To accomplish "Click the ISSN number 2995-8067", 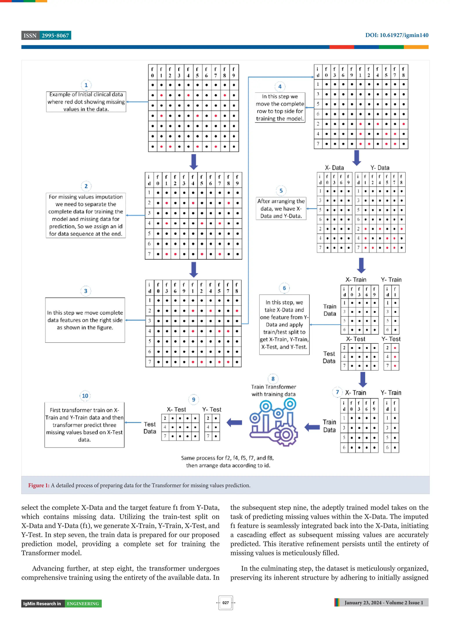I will pyautogui.click(x=55, y=36).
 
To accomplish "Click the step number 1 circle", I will pyautogui.click(x=86, y=85).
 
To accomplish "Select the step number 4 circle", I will pyautogui.click(x=280, y=87).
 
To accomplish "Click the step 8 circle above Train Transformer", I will pyautogui.click(x=273, y=379).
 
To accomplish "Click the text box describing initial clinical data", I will pyautogui.click(x=86, y=102).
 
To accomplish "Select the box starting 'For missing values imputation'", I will pyautogui.click(x=86, y=215).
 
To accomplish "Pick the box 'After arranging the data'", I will pyautogui.click(x=281, y=208).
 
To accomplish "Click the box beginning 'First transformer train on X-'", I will pyautogui.click(x=84, y=425).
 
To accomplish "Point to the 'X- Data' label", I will pyautogui.click(x=334, y=168).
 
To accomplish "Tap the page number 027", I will pyautogui.click(x=225, y=603).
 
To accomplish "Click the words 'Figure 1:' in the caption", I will pyautogui.click(x=39, y=485).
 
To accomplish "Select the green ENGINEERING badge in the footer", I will pyautogui.click(x=83, y=604).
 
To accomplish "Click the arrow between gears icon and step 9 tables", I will pyautogui.click(x=234, y=423).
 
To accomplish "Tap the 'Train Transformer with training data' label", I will pyautogui.click(x=273, y=390).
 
